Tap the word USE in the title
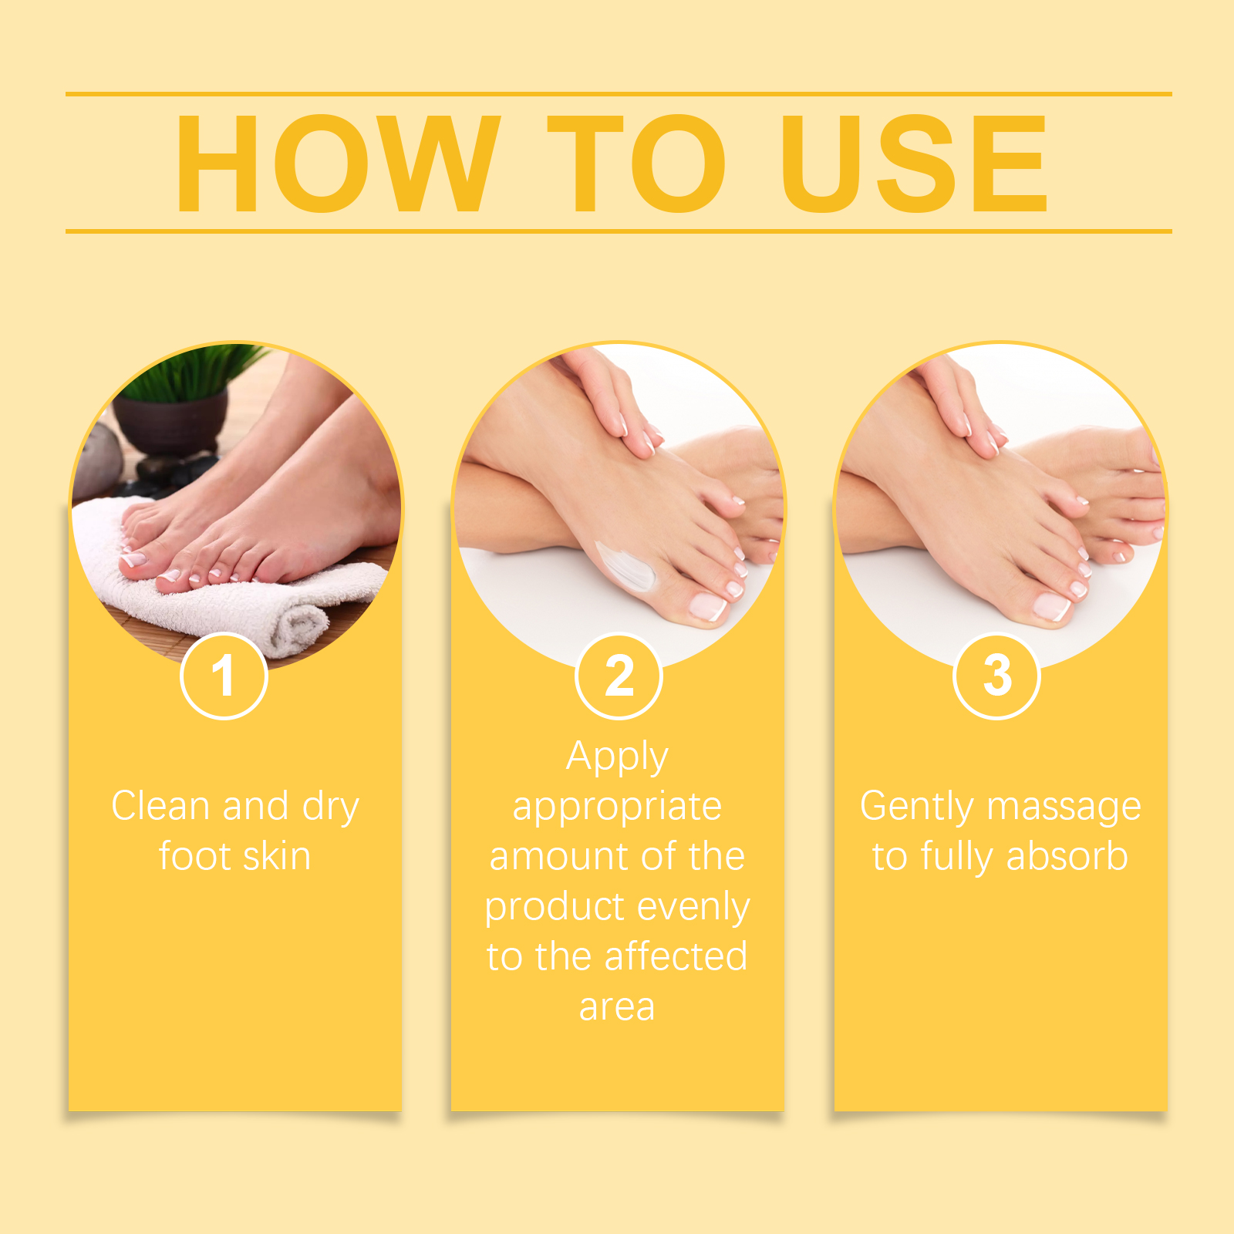coord(915,163)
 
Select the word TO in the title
coord(637,163)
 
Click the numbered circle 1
coord(224,676)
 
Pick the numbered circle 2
coord(619,676)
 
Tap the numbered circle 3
coord(997,676)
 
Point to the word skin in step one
coord(276,856)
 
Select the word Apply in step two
coord(617,757)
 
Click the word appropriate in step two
coord(617,807)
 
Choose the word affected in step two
coord(676,956)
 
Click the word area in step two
coord(617,1007)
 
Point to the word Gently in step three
coord(917,807)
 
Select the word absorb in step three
coord(1067,856)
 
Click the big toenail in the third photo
coord(1052,606)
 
